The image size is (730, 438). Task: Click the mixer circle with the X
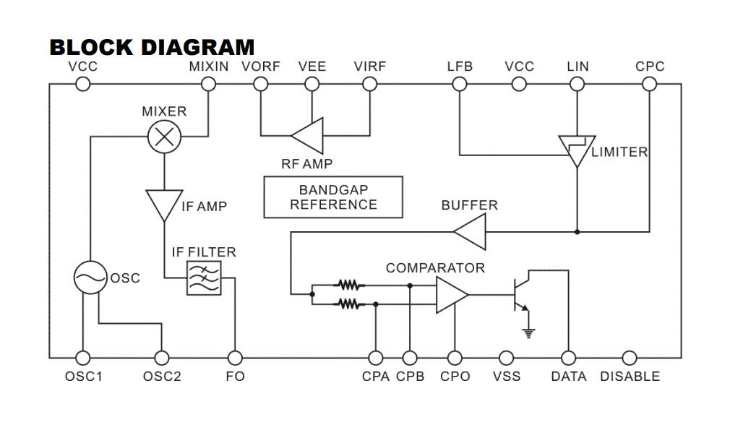coord(164,137)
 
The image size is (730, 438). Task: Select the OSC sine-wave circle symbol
coord(91,278)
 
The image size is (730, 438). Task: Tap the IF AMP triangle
coord(164,204)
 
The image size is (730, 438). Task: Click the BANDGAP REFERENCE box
coord(333,197)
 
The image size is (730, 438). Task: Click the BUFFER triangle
coord(471,232)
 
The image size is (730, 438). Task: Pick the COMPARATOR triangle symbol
coord(451,295)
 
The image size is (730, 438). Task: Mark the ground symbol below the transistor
coord(529,332)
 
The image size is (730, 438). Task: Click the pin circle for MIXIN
coord(208,84)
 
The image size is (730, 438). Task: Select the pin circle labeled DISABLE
coord(630,358)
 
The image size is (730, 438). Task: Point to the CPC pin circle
coord(649,84)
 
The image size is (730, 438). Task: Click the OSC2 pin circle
coord(162,358)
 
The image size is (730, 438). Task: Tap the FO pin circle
coord(235,358)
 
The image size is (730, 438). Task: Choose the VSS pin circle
coord(507,358)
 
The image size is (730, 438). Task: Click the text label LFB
coord(460,66)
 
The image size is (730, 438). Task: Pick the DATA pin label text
coord(569,377)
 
